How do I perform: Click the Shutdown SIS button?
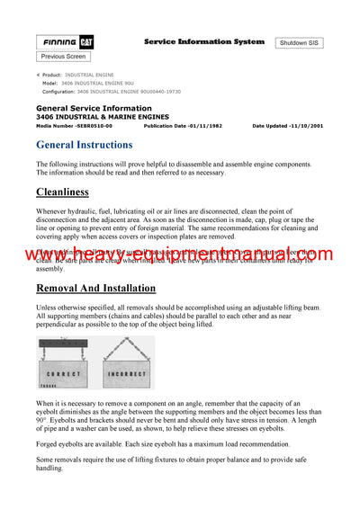[300, 43]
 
